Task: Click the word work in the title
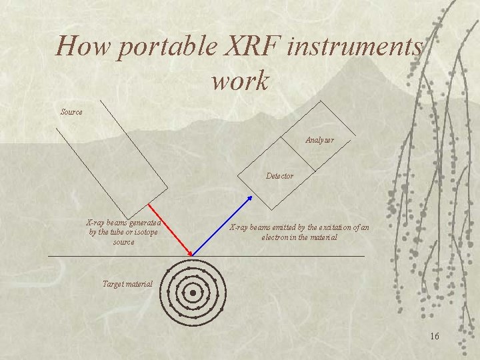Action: [240, 81]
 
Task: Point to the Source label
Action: [71, 112]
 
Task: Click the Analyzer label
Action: [319, 140]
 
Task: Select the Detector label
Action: [279, 176]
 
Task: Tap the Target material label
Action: [127, 284]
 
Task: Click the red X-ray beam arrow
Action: [171, 229]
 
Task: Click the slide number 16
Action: [434, 336]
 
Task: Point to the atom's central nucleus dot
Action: [193, 293]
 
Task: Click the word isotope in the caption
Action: [145, 233]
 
